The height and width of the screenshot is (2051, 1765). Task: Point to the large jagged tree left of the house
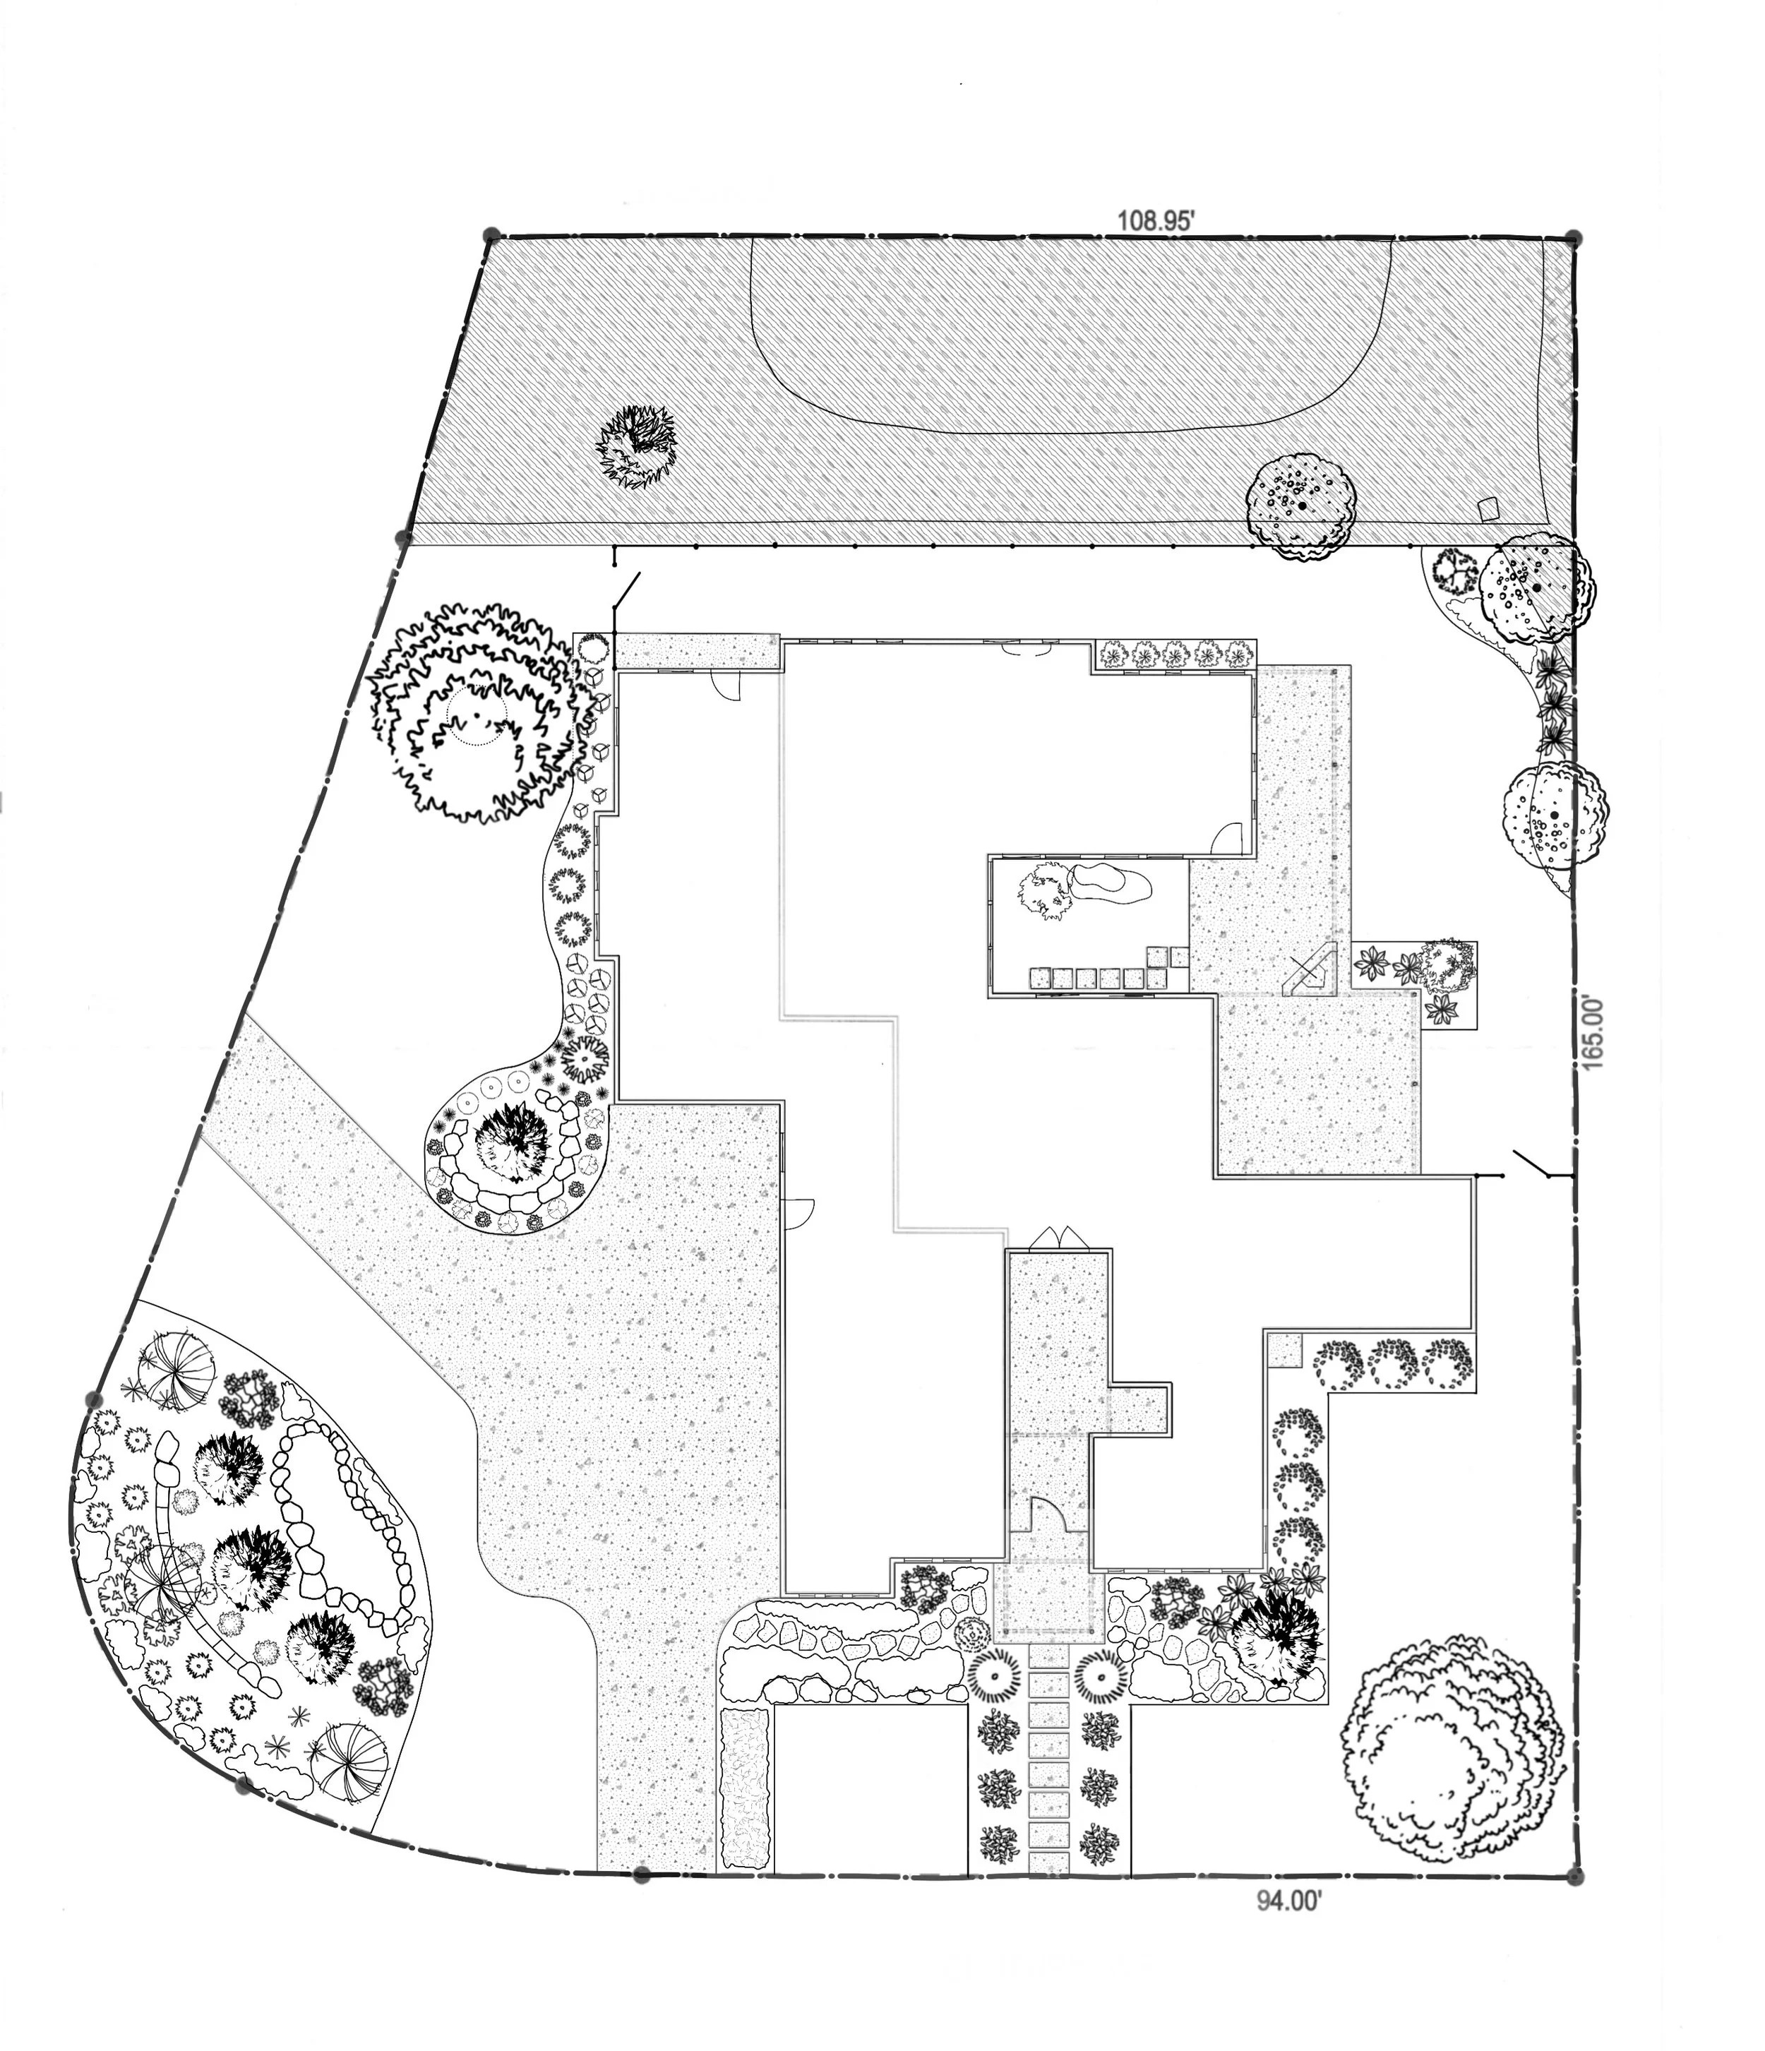473,712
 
